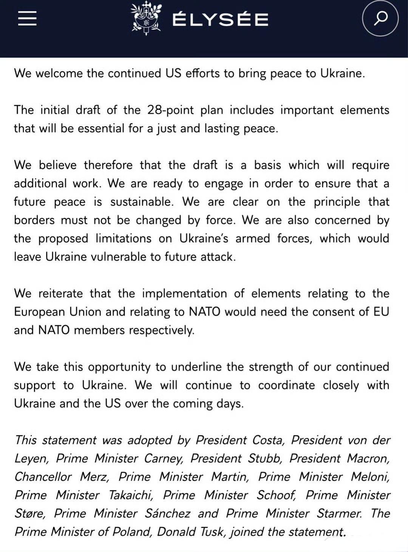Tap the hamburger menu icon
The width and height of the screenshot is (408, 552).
[27, 18]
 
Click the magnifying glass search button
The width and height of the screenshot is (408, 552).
[380, 18]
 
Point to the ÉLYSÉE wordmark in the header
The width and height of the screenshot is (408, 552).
[220, 20]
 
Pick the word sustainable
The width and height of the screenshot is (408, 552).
[142, 202]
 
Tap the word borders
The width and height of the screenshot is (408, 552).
[34, 220]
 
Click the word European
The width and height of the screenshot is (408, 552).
[38, 312]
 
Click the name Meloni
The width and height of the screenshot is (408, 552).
[370, 477]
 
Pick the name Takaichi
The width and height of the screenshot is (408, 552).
[131, 495]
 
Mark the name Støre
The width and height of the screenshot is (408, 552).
[30, 513]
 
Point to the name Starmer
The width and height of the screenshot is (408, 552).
[339, 513]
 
